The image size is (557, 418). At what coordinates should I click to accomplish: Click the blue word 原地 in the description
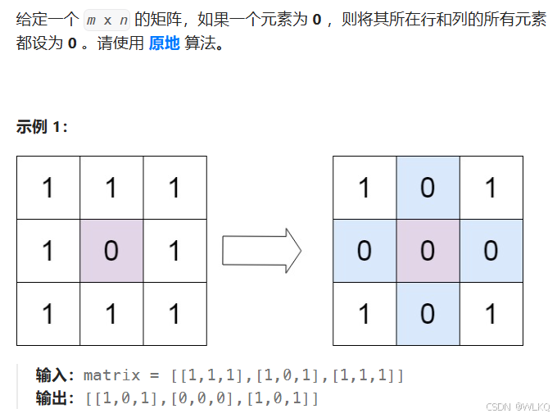[x=164, y=43]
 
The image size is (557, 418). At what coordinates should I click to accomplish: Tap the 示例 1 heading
[x=42, y=127]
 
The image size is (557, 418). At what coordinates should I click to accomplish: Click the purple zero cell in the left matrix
[x=111, y=251]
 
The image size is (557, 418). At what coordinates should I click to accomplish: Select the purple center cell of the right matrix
[x=428, y=251]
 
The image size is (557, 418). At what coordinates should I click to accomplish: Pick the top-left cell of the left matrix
[x=48, y=188]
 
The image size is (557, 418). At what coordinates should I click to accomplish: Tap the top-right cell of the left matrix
[x=174, y=188]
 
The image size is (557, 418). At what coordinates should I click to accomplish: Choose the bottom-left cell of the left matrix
[x=48, y=314]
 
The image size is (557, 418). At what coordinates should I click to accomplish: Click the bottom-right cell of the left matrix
[x=174, y=314]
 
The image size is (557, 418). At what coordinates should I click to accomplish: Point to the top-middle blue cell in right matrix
[x=428, y=188]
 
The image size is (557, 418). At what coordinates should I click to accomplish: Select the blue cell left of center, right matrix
[x=365, y=251]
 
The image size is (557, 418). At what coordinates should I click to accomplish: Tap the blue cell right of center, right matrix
[x=491, y=251]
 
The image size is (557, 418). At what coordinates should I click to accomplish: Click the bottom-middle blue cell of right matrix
[x=428, y=314]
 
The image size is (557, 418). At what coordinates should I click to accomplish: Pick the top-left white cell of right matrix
[x=365, y=188]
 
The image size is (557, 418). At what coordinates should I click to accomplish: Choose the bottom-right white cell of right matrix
[x=491, y=314]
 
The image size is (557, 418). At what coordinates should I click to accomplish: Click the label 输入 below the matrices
[x=54, y=375]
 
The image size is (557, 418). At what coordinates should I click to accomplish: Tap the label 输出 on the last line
[x=54, y=398]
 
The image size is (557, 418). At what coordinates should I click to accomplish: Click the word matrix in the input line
[x=114, y=375]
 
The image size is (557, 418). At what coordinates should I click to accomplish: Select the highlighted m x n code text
[x=106, y=20]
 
